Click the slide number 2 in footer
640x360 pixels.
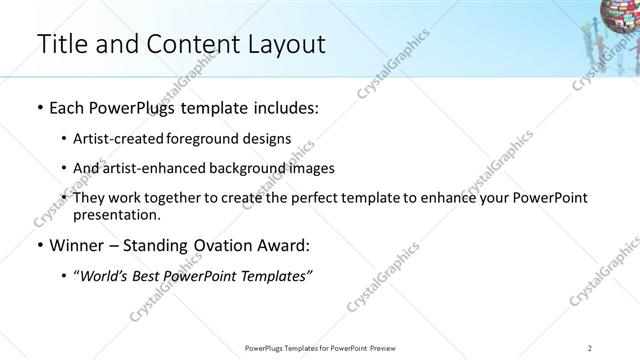(590, 347)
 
